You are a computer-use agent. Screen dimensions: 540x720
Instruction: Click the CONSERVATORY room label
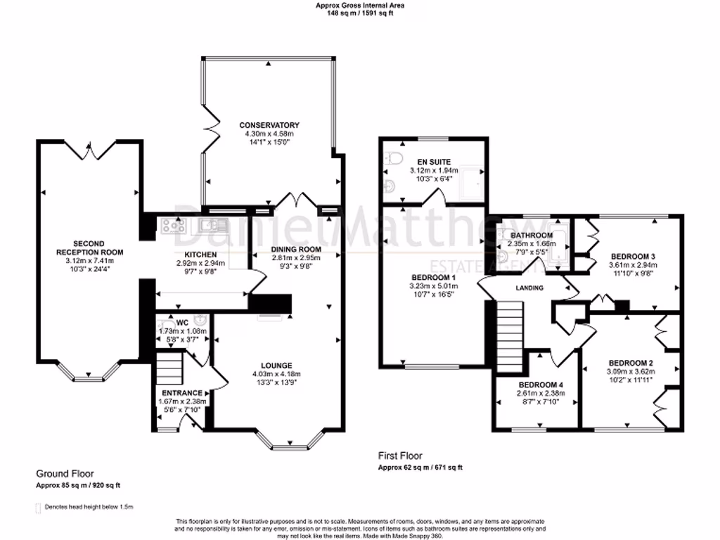268,125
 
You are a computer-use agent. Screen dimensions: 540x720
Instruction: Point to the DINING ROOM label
295,249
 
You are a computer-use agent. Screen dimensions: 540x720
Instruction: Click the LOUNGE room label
276,365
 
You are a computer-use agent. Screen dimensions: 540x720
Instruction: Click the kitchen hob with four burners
173,226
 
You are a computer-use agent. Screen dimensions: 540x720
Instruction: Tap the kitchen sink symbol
209,225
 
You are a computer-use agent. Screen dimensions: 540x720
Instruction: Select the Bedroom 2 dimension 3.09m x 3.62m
630,371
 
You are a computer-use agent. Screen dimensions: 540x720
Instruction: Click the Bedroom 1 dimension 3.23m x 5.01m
434,286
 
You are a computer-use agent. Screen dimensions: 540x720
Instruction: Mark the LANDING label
531,288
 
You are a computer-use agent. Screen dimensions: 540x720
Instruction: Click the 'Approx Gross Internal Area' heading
359,5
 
